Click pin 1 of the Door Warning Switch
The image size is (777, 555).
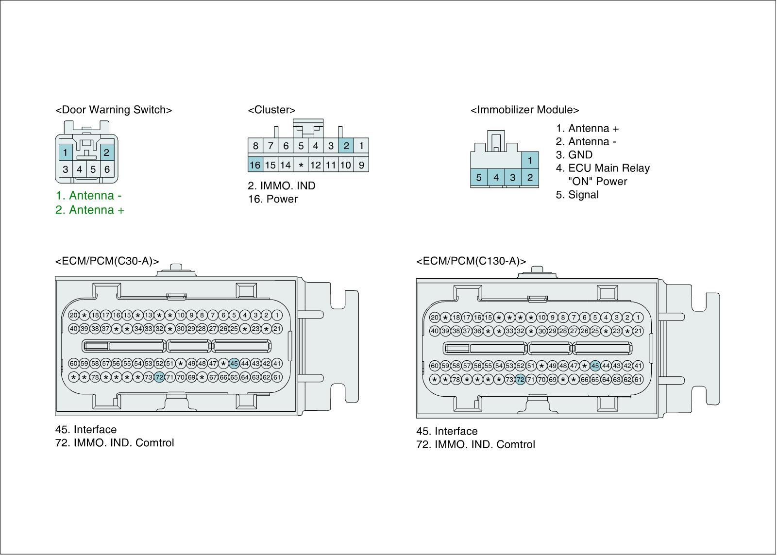coord(65,152)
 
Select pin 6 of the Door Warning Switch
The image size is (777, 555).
coord(107,170)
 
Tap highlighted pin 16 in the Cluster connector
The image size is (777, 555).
coord(255,165)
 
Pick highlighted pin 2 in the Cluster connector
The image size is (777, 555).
coord(346,145)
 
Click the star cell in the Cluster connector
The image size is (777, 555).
coord(301,165)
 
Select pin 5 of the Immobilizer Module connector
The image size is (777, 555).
coord(479,178)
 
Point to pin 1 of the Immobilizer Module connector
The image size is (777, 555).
coord(530,160)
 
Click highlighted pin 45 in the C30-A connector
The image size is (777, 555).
coord(234,363)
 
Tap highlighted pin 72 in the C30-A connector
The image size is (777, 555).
coord(159,377)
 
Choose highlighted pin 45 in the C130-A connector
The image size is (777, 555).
coord(595,366)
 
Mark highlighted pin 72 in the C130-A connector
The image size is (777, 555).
coord(520,379)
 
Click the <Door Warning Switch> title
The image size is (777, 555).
coord(114,110)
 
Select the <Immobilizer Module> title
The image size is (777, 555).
coord(524,110)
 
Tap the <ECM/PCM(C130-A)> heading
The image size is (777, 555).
coord(471,261)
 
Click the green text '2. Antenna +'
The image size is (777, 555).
coord(90,210)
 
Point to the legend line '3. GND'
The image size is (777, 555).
coord(574,155)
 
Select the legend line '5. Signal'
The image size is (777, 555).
coord(577,195)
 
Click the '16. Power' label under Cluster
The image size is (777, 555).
coord(272,199)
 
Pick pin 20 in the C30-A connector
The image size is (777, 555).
coord(73,315)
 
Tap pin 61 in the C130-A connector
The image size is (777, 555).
coord(638,379)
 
